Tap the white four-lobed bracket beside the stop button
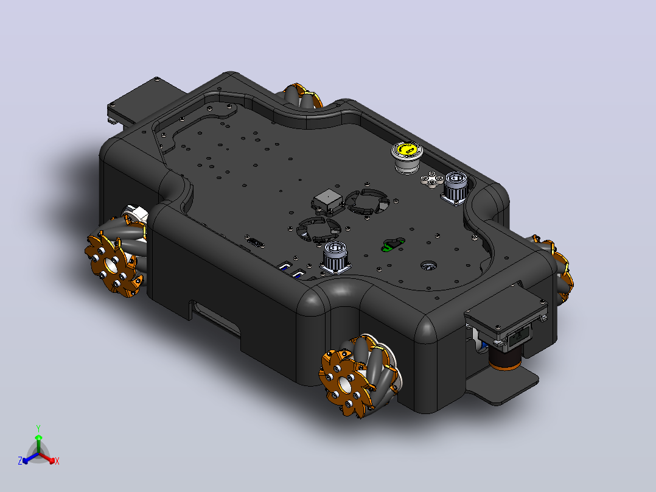click(x=433, y=180)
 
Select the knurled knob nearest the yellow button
click(x=456, y=188)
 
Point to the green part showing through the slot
click(x=393, y=245)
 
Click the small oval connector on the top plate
click(x=256, y=242)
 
